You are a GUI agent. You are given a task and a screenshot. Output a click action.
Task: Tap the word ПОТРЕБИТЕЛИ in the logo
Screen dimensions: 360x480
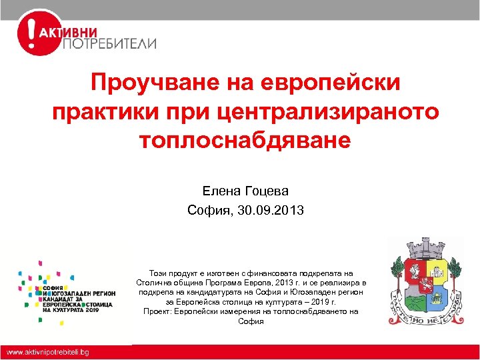[x=109, y=44]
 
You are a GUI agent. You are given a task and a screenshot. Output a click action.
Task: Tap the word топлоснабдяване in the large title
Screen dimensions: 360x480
[x=245, y=140]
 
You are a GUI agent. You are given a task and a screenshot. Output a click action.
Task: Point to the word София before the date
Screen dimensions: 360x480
[x=209, y=211]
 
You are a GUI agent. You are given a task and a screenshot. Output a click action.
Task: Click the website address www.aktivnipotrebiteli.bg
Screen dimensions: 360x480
[x=48, y=351]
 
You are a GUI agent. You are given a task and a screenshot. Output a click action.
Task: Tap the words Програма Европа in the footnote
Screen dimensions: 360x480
[x=224, y=283]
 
